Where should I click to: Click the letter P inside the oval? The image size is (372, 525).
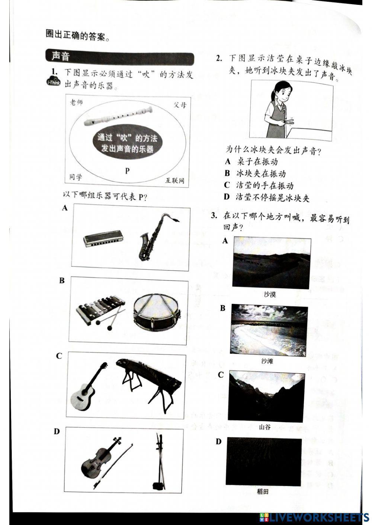click(127, 171)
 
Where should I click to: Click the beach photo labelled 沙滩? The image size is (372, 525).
click(269, 330)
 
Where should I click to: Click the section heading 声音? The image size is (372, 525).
click(61, 56)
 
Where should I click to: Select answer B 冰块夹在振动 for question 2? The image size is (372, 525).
click(255, 174)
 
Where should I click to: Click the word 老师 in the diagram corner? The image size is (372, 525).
click(76, 103)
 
